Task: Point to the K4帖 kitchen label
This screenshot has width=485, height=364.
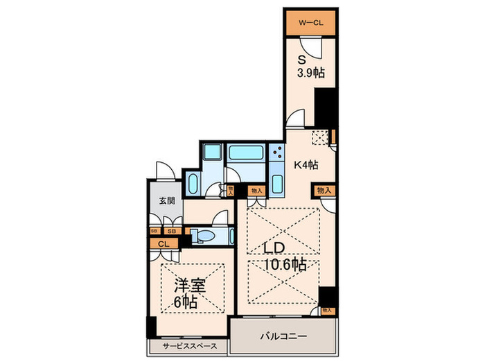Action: [306, 165]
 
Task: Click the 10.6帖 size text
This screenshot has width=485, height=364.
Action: [284, 265]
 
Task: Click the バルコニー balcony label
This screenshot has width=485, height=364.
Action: [283, 336]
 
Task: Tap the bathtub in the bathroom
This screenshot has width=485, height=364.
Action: [246, 153]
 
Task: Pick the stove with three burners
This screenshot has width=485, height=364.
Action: [277, 153]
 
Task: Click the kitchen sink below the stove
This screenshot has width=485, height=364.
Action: [277, 184]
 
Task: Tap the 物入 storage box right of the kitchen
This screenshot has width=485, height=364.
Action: [324, 190]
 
